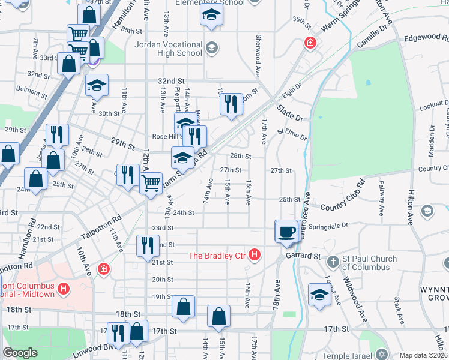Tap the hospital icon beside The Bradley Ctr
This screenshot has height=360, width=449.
point(255,256)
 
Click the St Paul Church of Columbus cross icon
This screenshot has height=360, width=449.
point(334,262)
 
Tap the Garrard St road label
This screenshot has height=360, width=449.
point(303,256)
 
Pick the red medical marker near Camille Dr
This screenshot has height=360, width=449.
point(309,43)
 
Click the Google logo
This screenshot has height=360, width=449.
point(20,353)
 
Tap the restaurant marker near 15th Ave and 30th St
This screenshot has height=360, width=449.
point(231,104)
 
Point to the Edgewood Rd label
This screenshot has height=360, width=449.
point(424,37)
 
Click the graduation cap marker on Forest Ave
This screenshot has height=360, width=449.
point(319,295)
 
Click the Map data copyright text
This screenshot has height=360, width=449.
point(423,355)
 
